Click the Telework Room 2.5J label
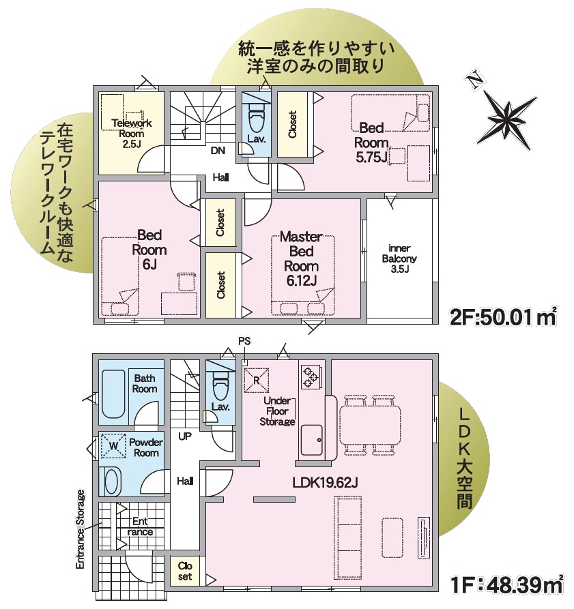(x=131, y=134)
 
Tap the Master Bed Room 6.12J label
(x=301, y=258)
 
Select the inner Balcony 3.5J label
(x=399, y=258)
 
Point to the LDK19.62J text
(x=325, y=482)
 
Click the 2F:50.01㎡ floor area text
(x=503, y=317)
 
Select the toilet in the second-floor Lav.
(x=256, y=118)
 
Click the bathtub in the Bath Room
(x=113, y=393)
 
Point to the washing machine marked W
(x=113, y=445)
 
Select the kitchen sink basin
(x=312, y=440)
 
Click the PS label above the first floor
(x=244, y=341)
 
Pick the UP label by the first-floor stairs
(x=185, y=436)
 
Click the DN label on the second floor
(x=218, y=150)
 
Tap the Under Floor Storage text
(x=277, y=411)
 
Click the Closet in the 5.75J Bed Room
(x=293, y=124)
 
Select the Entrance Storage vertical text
(x=80, y=529)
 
